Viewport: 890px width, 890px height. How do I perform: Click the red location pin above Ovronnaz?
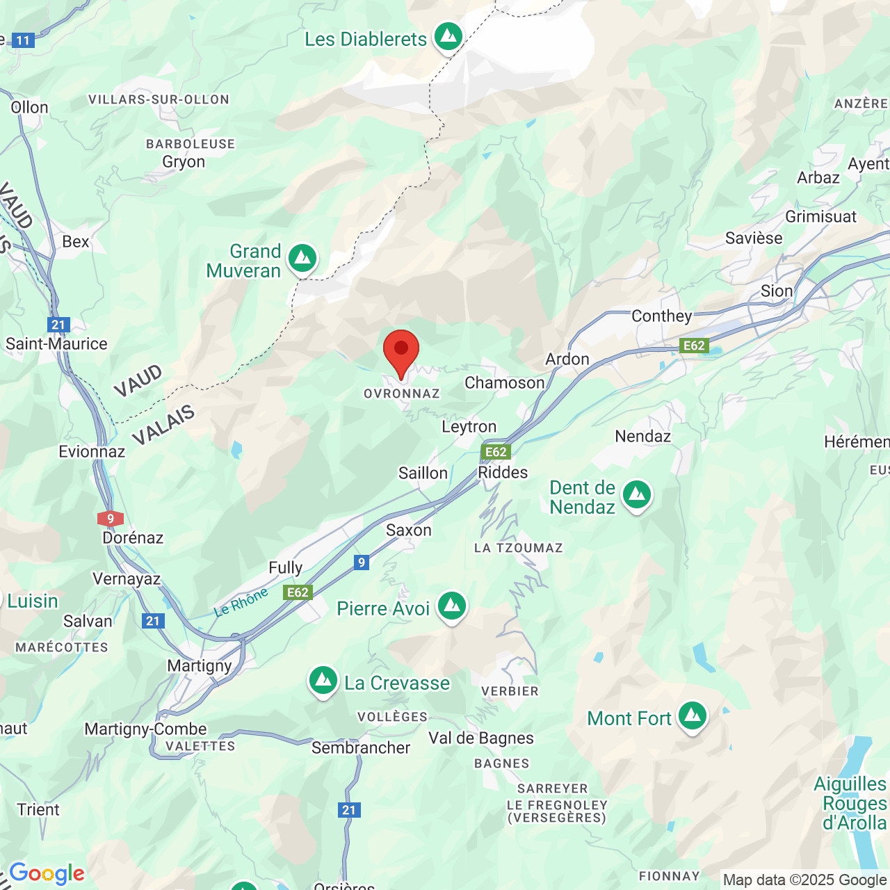tap(401, 350)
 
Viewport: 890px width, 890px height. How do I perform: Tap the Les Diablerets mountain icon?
tap(448, 36)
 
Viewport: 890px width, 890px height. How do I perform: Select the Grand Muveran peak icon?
tap(302, 259)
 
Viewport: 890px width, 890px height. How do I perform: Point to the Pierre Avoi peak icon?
tap(452, 607)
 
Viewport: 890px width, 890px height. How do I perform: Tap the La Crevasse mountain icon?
tap(323, 681)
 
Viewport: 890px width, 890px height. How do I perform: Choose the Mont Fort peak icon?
tap(693, 716)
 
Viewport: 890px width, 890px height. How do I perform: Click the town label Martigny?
tap(200, 665)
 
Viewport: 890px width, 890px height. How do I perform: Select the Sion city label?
tap(776, 291)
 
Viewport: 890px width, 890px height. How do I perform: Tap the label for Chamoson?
tap(504, 382)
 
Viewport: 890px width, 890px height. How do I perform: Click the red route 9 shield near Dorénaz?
tap(111, 519)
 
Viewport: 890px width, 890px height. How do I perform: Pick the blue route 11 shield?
tap(24, 40)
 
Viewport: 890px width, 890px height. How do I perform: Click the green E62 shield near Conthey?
tap(694, 346)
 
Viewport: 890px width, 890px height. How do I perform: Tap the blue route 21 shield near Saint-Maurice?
tap(58, 325)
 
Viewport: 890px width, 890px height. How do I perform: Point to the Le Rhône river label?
tap(241, 602)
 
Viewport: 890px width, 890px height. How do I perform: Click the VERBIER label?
tap(510, 691)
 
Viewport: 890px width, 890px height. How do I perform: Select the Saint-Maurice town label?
tap(56, 343)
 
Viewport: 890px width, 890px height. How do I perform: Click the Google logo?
tap(47, 873)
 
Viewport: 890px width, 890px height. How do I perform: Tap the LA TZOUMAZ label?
tap(518, 548)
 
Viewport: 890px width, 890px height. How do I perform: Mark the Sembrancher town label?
tap(360, 747)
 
